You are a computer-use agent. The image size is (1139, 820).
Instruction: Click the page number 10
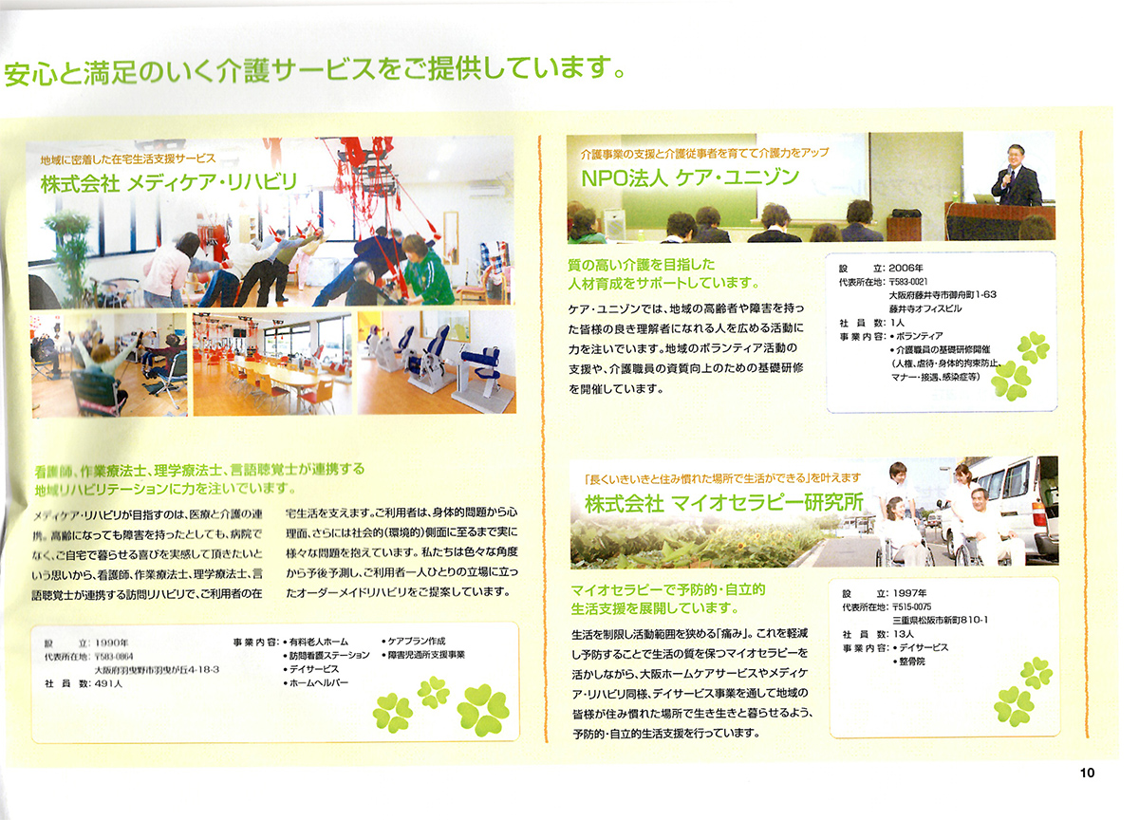pos(1087,773)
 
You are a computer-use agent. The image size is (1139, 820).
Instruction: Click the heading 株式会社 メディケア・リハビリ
pos(169,182)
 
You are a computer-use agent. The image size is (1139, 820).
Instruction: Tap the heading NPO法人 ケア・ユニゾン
pos(690,177)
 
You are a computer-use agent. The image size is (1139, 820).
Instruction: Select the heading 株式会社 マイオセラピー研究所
pos(723,503)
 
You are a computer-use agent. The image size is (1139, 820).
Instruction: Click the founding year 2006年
pos(906,268)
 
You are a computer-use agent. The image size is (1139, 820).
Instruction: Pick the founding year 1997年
pos(909,593)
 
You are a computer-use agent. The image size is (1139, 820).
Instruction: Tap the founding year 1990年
pos(111,643)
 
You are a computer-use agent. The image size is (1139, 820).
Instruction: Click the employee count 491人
pos(108,683)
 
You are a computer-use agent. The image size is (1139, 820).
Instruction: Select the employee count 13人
pos(903,634)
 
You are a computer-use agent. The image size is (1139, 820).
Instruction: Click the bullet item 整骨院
pos(909,662)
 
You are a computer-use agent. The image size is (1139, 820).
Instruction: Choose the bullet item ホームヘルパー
pos(316,682)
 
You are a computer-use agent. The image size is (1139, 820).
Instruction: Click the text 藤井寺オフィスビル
pos(924,308)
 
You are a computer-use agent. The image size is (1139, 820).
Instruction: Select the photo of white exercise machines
pos(437,362)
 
